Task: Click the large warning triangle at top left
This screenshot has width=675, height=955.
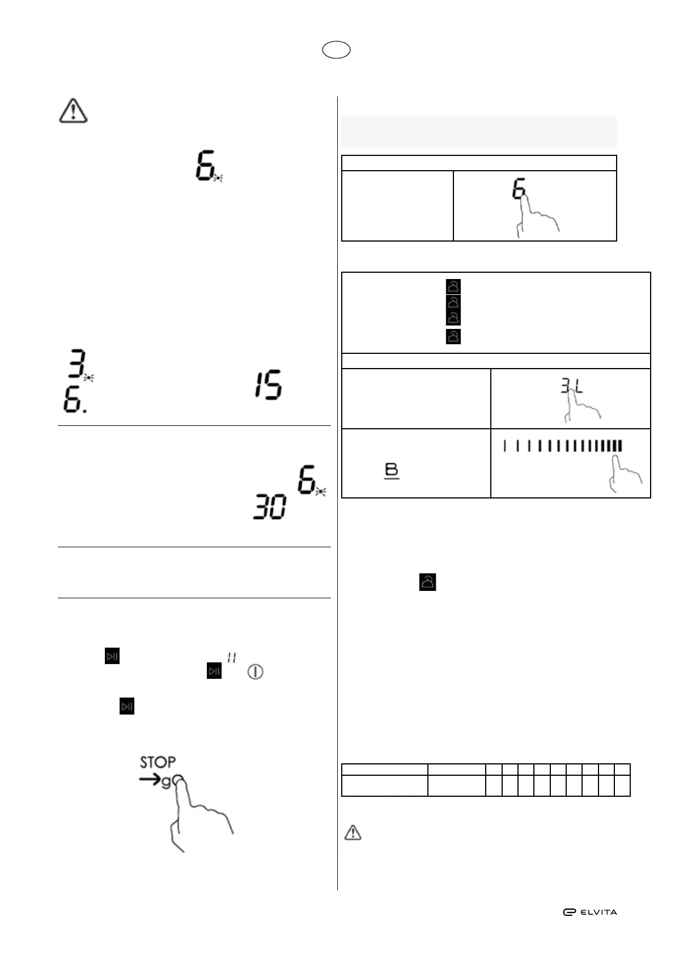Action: tap(73, 111)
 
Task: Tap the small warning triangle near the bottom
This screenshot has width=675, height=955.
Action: tap(353, 832)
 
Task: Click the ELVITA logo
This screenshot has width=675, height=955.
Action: tap(589, 912)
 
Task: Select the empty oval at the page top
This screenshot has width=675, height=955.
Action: tap(336, 50)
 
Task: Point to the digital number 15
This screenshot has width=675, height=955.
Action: tap(268, 386)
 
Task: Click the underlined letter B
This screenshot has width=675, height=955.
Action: tap(392, 471)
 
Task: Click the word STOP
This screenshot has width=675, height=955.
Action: tap(158, 762)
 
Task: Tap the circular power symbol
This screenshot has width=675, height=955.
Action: tap(255, 673)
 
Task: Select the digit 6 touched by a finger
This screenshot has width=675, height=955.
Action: tap(519, 189)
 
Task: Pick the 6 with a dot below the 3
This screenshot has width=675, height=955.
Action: tap(74, 402)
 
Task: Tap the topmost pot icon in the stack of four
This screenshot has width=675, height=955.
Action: tap(453, 286)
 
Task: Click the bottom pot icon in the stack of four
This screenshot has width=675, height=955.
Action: tap(453, 336)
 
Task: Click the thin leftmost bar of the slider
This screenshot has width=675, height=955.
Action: tap(504, 446)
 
